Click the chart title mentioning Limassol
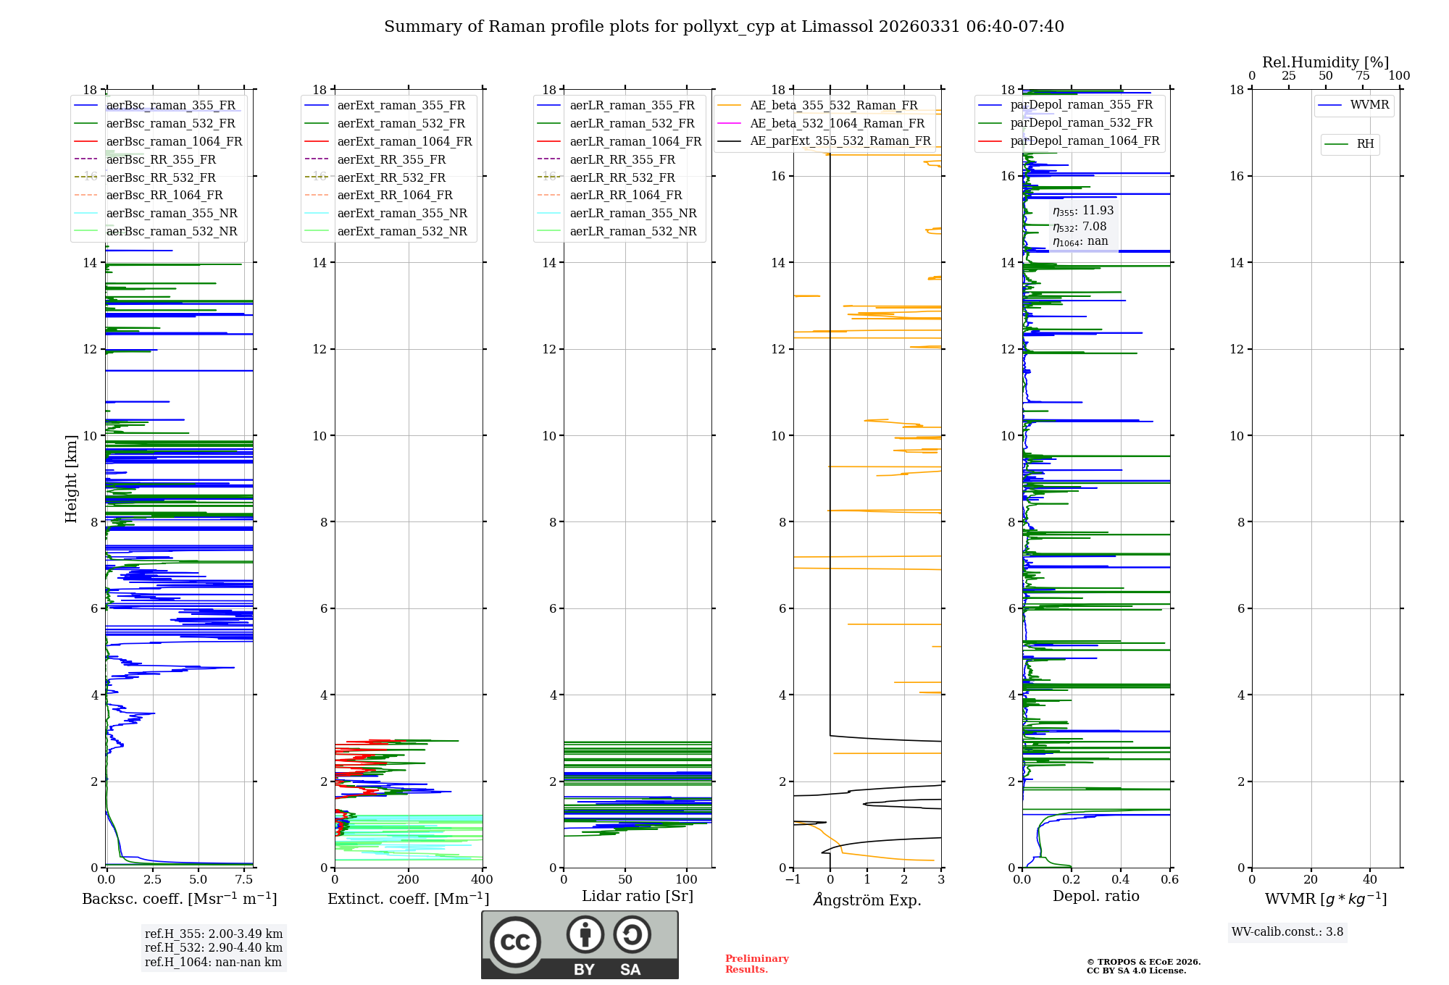(724, 27)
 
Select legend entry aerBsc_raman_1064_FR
(174, 141)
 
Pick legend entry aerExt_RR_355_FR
(391, 159)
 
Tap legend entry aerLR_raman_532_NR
(632, 231)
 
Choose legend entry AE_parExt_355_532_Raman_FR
(840, 141)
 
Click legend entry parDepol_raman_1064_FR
(1085, 141)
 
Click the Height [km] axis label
(71, 478)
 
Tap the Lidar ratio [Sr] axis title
(638, 896)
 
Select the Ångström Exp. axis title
(867, 900)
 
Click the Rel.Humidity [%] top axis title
(1325, 62)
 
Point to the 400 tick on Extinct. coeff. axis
(483, 879)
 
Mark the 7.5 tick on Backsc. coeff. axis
(244, 879)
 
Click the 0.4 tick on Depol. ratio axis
(1121, 879)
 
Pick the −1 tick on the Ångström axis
(793, 879)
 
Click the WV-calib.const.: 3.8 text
(1287, 932)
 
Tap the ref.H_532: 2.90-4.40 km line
(214, 947)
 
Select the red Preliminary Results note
(756, 963)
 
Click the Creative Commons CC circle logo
(515, 942)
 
